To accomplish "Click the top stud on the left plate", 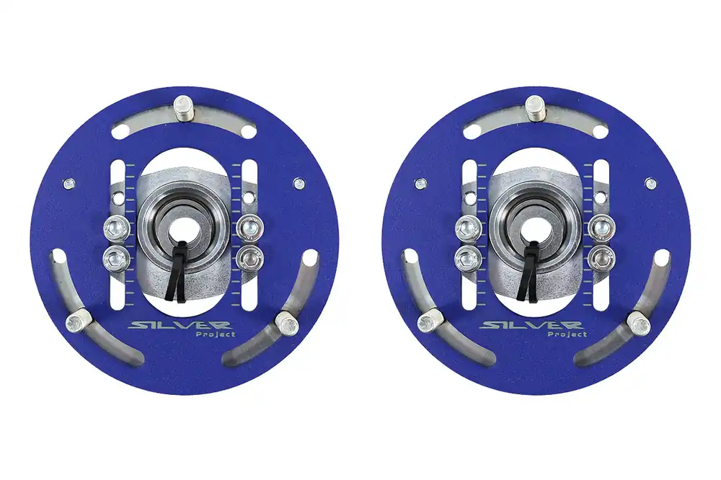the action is click(x=183, y=109).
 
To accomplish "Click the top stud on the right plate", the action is click(x=535, y=109).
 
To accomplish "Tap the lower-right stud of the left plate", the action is click(x=286, y=323).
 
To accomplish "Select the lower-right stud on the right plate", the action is click(x=638, y=323).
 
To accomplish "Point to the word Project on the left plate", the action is click(x=216, y=334).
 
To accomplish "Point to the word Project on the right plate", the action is click(x=567, y=334).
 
